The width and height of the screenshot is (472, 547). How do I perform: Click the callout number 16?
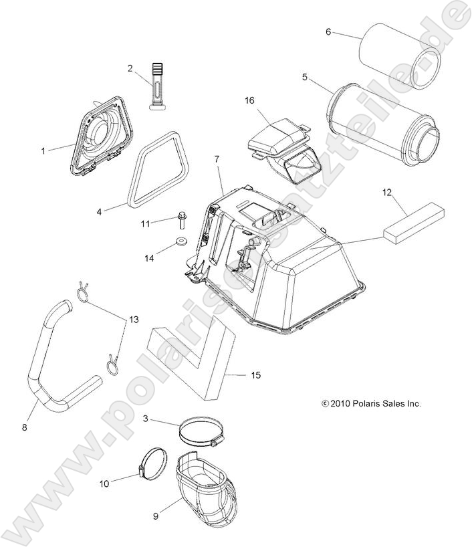point(249,100)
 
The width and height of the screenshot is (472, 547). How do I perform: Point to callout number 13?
point(134,320)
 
